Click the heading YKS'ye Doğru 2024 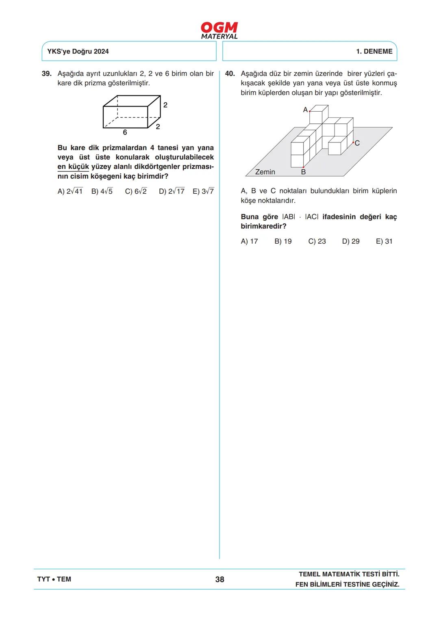point(78,52)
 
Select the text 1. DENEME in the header point(374,52)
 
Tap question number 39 point(47,74)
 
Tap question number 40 point(230,74)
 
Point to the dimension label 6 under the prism point(125,132)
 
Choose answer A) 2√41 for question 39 point(70,191)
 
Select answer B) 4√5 point(102,191)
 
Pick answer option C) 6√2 point(136,191)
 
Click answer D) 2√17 point(172,191)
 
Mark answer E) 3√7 point(203,191)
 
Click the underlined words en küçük point(73,166)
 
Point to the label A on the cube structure point(305,110)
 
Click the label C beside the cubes point(357,143)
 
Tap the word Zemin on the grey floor point(265,172)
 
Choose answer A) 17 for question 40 point(249,242)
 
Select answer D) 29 point(351,242)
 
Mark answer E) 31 point(384,242)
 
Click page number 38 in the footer point(219,579)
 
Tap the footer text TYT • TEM point(54,579)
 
